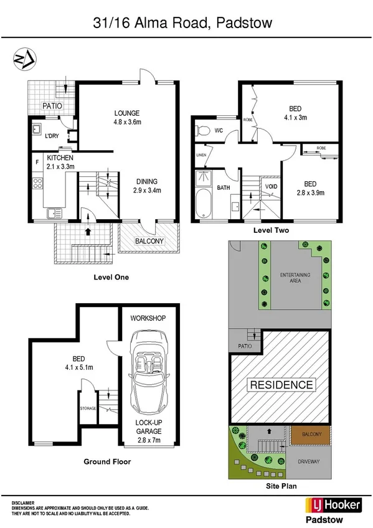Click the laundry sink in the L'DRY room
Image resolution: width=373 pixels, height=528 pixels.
(x=35, y=131)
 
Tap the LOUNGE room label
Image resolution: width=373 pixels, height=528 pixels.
(x=126, y=113)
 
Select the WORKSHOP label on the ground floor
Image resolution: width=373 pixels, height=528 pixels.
(x=148, y=318)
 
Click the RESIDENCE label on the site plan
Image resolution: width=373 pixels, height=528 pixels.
(x=281, y=384)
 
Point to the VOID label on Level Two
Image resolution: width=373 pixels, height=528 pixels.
(x=271, y=186)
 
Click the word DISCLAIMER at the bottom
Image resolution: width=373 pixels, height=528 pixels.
(x=23, y=501)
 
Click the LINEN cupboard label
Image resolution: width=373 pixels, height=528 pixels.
(x=201, y=155)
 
